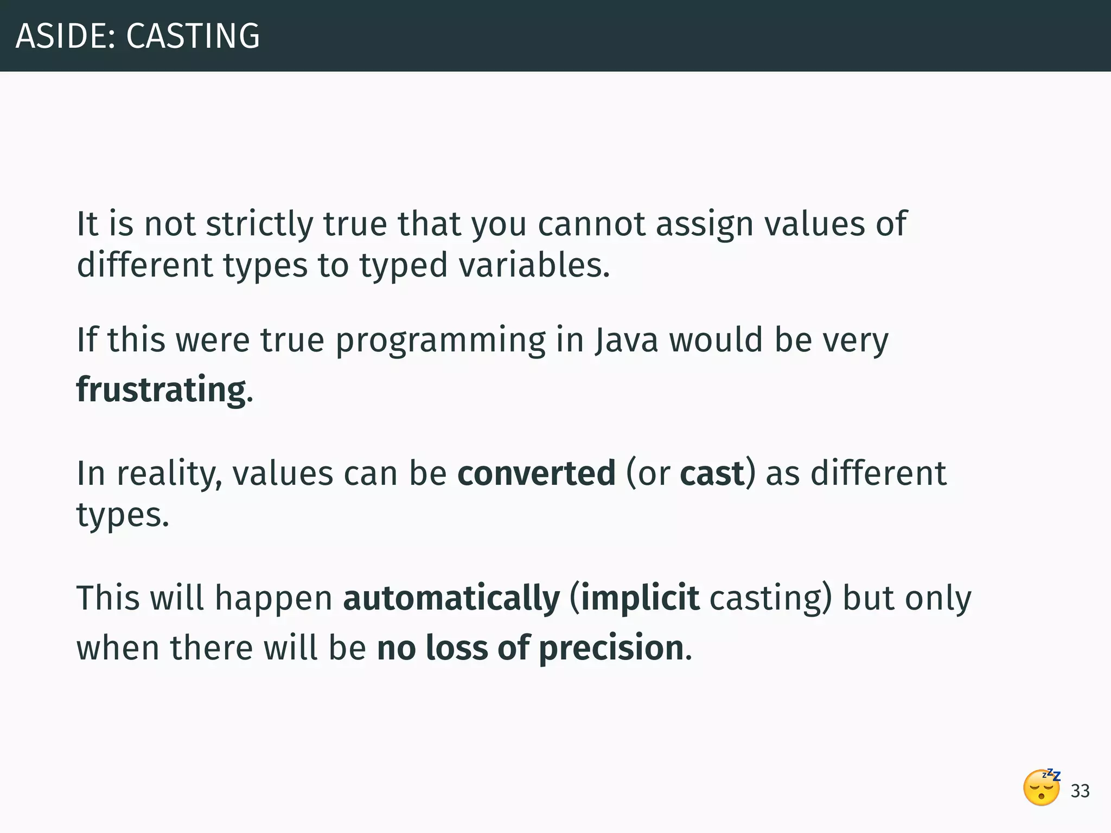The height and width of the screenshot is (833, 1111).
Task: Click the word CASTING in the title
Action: [193, 36]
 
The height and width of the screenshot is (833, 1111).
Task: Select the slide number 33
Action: [1080, 791]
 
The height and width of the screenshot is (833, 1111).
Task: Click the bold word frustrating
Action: [162, 389]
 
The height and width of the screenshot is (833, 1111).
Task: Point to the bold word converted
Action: [537, 473]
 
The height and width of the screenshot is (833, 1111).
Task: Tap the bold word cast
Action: [712, 473]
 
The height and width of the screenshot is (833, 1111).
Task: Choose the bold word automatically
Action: [451, 598]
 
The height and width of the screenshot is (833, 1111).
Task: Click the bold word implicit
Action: [640, 598]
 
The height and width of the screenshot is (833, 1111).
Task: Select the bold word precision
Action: [611, 648]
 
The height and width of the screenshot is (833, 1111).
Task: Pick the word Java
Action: [627, 340]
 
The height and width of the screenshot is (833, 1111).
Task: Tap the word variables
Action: [534, 265]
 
